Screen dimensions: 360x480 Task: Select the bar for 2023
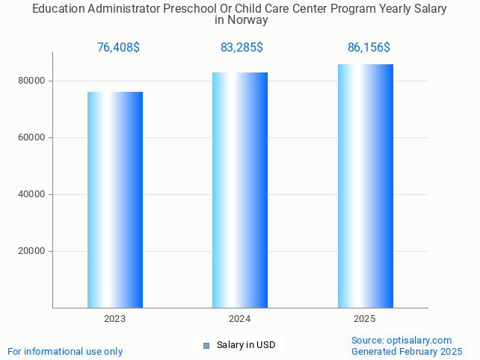pos(115,199)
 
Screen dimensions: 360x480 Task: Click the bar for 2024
pos(240,190)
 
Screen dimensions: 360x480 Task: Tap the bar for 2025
pos(365,186)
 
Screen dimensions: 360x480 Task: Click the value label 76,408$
pos(118,48)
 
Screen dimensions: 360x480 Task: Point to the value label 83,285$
pos(241,48)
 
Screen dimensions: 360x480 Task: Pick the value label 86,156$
pos(369,48)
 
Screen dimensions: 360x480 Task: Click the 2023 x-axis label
pos(115,319)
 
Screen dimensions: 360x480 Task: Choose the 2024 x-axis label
pos(240,319)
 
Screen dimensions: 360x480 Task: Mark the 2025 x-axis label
pos(365,319)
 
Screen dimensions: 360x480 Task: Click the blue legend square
pos(206,345)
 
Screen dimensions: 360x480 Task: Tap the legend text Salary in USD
pos(246,345)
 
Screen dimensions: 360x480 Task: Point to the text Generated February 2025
pos(407,352)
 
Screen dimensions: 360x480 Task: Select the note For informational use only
pos(65,352)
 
